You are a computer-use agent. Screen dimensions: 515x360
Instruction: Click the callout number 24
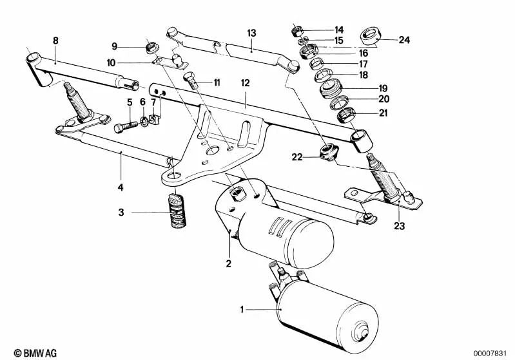click(x=404, y=40)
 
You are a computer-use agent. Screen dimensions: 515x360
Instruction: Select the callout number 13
click(x=251, y=33)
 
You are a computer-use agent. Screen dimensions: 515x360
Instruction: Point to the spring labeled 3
click(x=177, y=211)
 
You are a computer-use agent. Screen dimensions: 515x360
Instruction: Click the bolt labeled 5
click(x=126, y=126)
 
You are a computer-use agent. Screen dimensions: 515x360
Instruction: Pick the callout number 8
click(x=55, y=41)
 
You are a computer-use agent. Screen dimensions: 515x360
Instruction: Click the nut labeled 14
click(x=297, y=31)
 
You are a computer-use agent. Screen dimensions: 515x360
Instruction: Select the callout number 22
click(x=297, y=157)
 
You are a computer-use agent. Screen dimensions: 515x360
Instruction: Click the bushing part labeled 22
click(x=329, y=152)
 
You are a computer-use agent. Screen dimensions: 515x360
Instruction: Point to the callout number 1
click(x=242, y=310)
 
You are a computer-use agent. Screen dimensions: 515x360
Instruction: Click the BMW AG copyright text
click(x=35, y=353)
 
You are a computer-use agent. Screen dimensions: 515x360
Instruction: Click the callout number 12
click(x=246, y=82)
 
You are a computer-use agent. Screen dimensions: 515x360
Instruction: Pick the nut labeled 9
click(x=151, y=46)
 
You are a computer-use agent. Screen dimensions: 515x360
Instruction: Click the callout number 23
click(x=400, y=226)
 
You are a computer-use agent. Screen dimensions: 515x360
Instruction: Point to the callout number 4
click(x=121, y=187)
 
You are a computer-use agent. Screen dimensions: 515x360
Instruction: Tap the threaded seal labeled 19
click(x=331, y=88)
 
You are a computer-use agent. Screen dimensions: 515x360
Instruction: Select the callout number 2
click(x=229, y=263)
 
